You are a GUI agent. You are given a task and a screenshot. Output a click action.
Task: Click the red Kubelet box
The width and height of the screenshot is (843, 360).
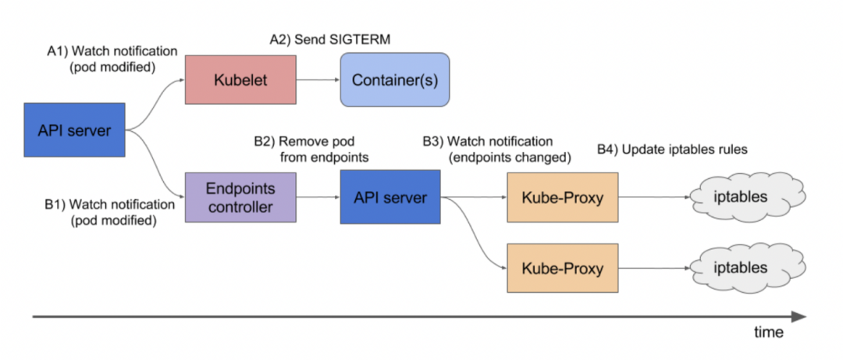(x=240, y=80)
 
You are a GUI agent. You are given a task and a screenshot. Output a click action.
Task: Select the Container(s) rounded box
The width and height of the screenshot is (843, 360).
(x=394, y=80)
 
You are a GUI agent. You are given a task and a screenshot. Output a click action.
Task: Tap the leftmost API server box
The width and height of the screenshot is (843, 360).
(x=74, y=129)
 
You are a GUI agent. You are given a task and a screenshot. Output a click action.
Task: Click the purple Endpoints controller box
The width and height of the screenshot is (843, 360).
(x=240, y=198)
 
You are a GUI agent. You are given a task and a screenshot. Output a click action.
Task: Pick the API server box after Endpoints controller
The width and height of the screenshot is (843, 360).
(x=390, y=198)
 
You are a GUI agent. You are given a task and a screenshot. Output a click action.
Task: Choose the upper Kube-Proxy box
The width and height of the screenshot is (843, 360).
(x=563, y=198)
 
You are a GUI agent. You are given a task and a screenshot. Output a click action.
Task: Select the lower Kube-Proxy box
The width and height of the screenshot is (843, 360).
(x=563, y=269)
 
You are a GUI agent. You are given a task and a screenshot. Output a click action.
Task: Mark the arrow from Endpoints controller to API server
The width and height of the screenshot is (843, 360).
(x=318, y=198)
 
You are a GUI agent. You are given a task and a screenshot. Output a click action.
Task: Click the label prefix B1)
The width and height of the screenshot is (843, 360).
(x=55, y=205)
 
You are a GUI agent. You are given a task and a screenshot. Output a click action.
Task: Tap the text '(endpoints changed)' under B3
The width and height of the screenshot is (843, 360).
(x=510, y=157)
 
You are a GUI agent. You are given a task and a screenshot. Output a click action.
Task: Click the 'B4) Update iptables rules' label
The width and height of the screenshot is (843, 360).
(x=672, y=149)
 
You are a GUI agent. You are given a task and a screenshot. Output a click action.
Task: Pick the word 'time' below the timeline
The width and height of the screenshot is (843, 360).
(x=768, y=332)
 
